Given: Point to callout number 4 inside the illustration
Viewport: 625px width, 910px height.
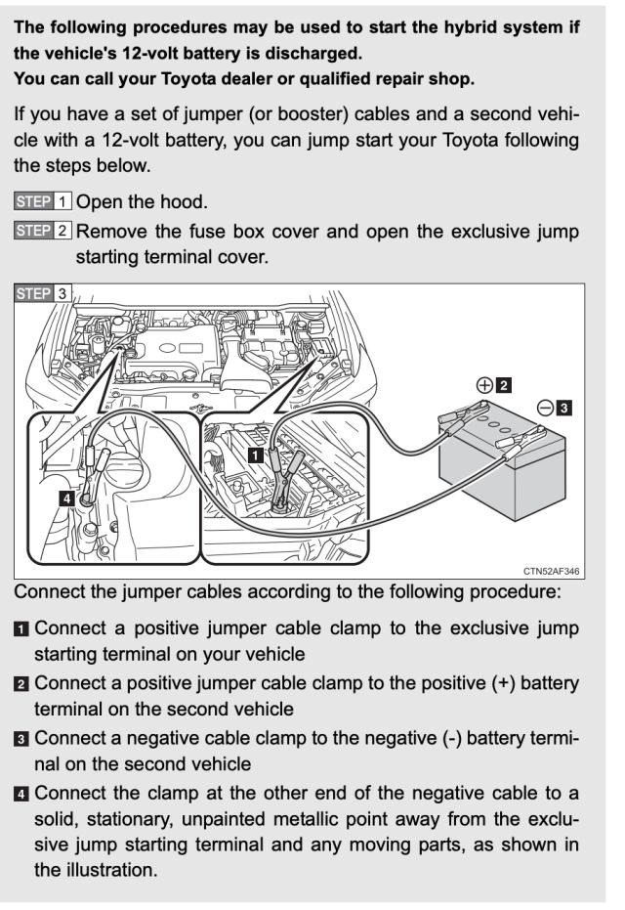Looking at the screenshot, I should click(66, 498).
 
